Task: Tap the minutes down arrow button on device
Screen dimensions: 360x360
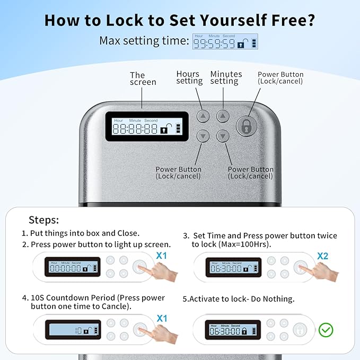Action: coord(223,136)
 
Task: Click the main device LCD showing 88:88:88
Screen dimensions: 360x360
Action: coord(147,126)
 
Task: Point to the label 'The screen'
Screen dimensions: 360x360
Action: coord(143,78)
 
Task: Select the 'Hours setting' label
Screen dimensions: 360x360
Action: coord(189,77)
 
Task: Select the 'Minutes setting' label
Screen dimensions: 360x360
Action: coord(225,77)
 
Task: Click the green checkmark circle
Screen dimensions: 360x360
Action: coord(326,330)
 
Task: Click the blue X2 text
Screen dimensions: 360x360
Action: coord(323,256)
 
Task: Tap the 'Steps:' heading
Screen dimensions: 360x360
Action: coord(43,220)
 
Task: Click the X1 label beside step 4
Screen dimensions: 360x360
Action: coord(162,318)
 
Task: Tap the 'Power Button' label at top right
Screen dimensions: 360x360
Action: coord(280,77)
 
